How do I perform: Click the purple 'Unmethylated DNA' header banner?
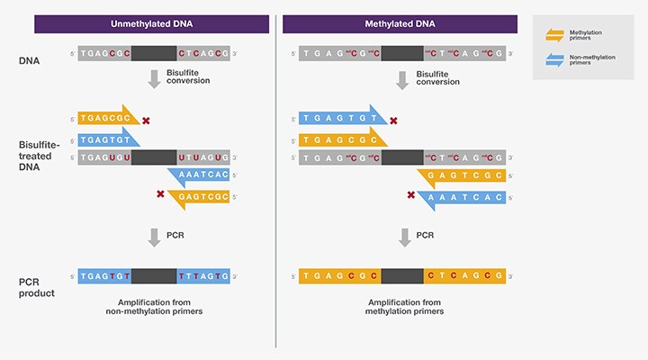(x=152, y=23)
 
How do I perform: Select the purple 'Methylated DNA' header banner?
(x=400, y=23)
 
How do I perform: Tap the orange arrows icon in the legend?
(x=555, y=35)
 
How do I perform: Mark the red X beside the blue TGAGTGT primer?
(x=393, y=120)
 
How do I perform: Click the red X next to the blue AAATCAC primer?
(x=411, y=195)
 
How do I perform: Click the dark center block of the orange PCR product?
(x=402, y=275)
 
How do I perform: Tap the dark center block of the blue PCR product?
(x=153, y=275)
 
